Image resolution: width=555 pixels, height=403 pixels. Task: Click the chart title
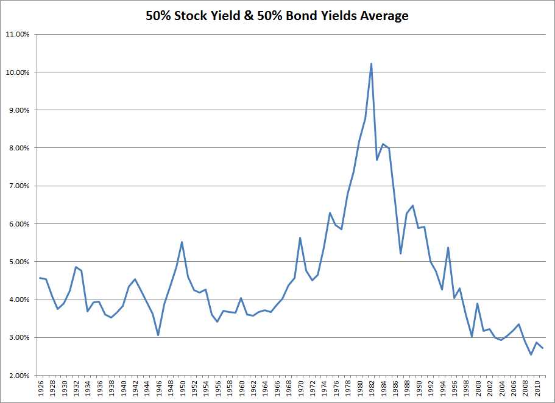[x=277, y=16]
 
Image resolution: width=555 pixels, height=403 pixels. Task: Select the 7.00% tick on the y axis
[x=18, y=186]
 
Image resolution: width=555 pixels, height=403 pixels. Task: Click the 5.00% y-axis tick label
[x=18, y=262]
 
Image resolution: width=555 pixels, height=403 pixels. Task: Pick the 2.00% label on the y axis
[x=18, y=375]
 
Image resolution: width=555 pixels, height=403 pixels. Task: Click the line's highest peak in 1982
[x=371, y=63]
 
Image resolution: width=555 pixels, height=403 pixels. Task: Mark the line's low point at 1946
[x=158, y=335]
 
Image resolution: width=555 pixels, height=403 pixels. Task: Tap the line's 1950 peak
[x=182, y=242]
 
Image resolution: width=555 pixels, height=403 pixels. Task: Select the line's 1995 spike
[x=448, y=248]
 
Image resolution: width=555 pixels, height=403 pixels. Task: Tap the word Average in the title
[x=383, y=16]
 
